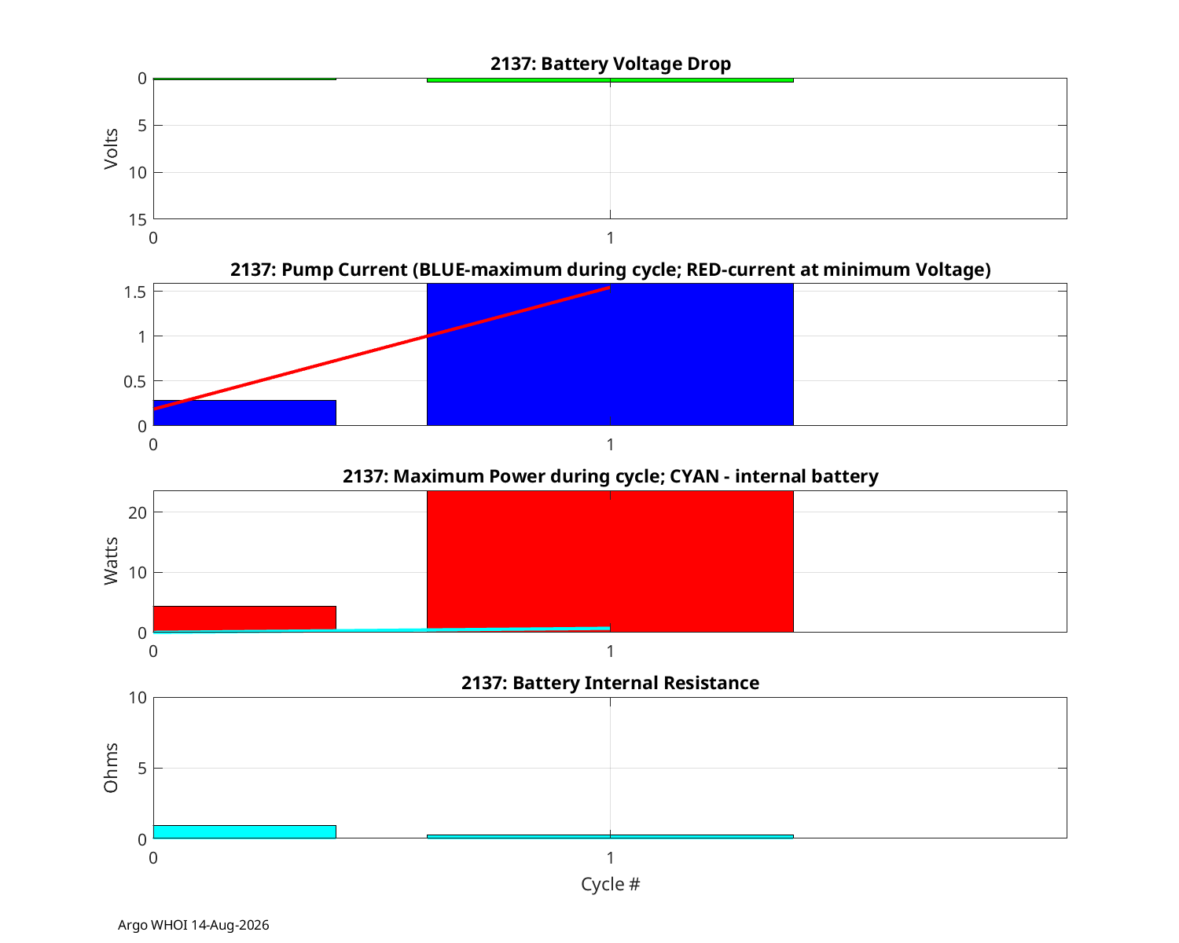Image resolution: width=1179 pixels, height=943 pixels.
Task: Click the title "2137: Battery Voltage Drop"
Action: point(610,64)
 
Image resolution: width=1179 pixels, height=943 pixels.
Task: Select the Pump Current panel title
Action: point(610,270)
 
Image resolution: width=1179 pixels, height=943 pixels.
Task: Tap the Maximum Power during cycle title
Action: point(610,476)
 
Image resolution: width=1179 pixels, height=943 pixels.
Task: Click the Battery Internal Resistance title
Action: point(610,683)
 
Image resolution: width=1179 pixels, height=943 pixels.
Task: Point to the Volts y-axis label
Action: point(111,149)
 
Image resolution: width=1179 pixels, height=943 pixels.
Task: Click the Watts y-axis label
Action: point(111,561)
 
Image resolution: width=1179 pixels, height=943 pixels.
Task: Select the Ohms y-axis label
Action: point(111,768)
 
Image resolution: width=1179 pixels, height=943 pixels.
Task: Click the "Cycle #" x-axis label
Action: point(610,884)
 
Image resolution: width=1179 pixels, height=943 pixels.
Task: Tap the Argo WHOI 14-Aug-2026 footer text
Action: point(193,925)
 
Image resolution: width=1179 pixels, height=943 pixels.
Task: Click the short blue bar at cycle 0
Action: point(244,413)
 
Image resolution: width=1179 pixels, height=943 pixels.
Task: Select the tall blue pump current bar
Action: point(610,354)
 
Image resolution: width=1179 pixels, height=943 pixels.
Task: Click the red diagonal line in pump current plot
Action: point(382,348)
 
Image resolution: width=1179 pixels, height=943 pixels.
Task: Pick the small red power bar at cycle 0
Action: point(244,618)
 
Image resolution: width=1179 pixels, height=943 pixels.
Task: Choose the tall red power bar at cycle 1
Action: point(610,561)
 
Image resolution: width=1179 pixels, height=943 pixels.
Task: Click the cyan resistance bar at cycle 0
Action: point(244,831)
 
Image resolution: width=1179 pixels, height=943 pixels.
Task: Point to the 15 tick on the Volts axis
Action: point(138,220)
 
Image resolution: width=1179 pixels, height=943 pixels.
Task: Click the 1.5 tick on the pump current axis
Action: point(134,292)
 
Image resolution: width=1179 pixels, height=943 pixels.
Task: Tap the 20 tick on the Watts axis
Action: point(138,513)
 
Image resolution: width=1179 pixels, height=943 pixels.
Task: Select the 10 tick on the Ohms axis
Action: point(138,698)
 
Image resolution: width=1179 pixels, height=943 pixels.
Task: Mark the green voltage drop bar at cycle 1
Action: point(610,80)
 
